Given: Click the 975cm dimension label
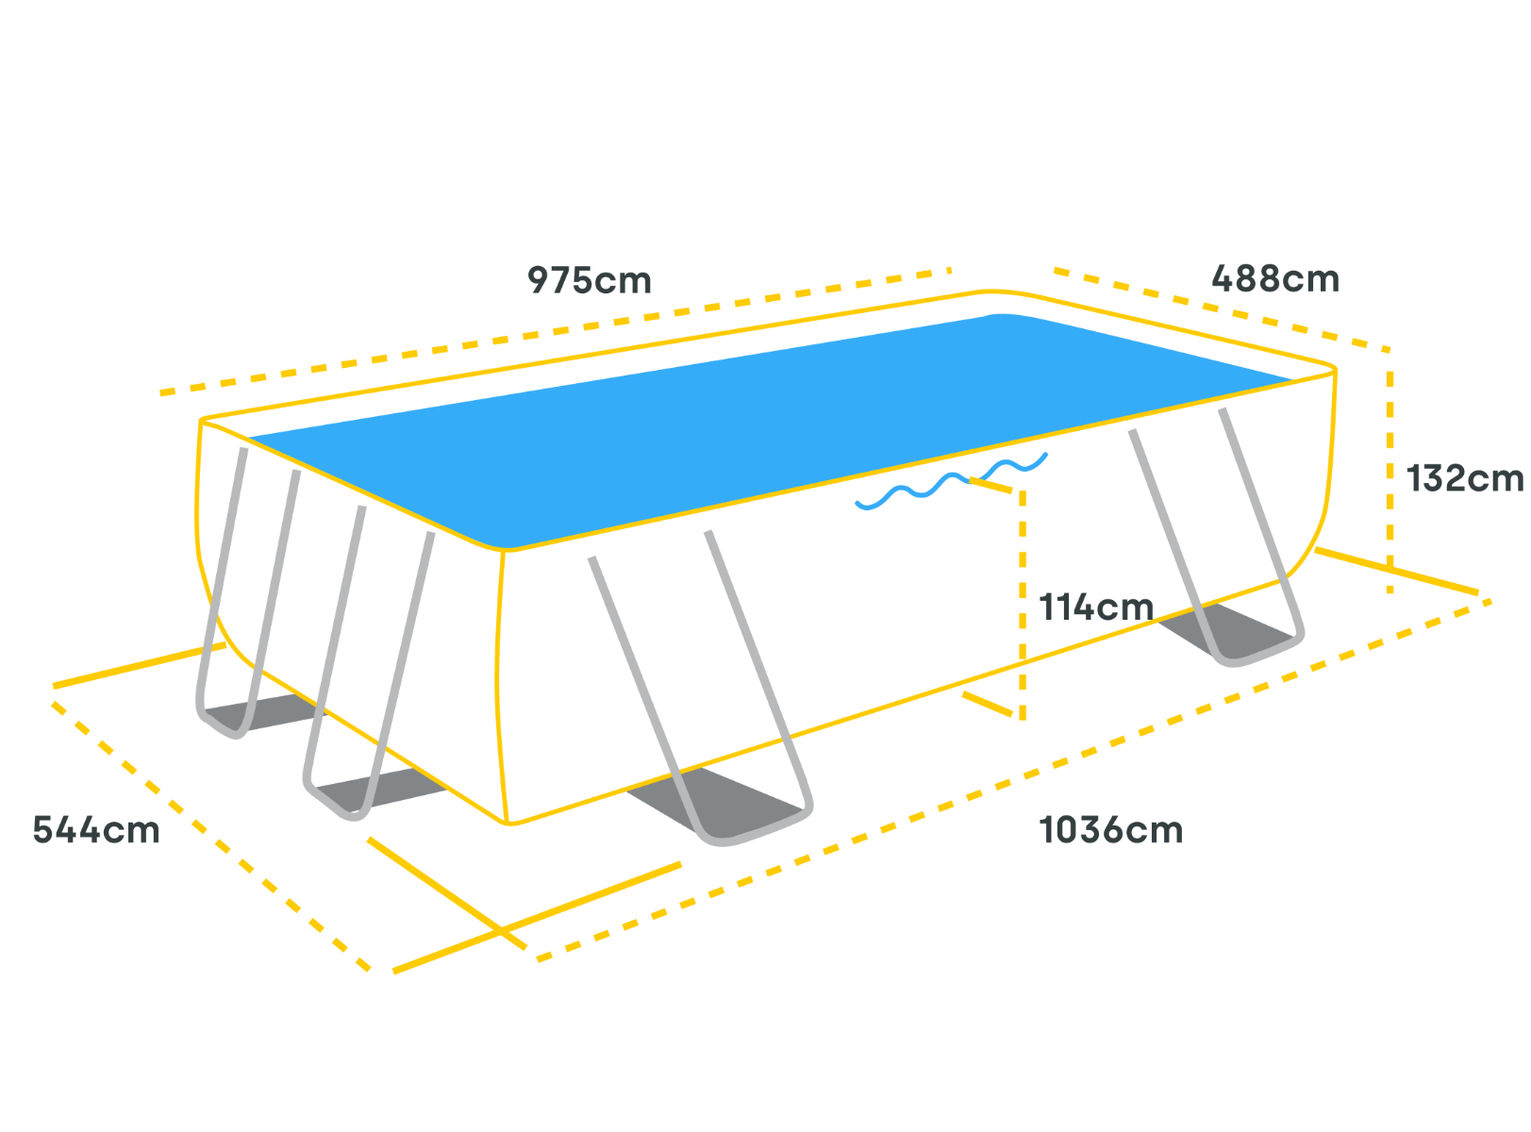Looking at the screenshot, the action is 589,280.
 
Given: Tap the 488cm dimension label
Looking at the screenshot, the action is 1275,279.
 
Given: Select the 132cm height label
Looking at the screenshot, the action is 1465,478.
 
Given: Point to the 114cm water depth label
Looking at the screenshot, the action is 1096,608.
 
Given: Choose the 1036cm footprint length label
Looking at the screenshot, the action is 1110,830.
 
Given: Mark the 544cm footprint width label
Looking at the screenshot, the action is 96,830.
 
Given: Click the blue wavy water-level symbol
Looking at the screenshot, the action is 951,481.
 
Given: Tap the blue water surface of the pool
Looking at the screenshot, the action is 759,428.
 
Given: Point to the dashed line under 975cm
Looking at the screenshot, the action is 555,331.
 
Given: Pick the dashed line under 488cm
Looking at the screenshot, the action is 1222,309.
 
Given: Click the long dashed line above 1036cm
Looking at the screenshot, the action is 1014,780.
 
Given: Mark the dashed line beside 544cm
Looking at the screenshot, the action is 212,836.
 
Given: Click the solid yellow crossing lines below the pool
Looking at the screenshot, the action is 503,931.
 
